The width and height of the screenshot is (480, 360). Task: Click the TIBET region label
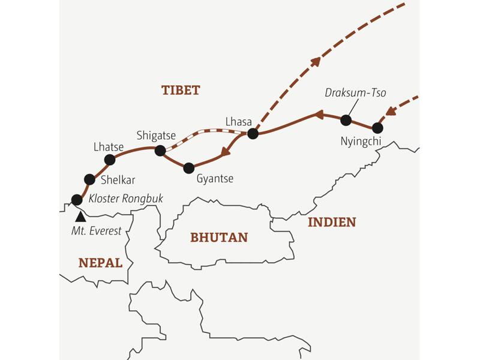(x=180, y=91)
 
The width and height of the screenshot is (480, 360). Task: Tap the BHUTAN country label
(x=219, y=237)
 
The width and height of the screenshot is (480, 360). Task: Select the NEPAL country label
(x=100, y=263)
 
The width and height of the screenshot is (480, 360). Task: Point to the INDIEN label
(x=332, y=222)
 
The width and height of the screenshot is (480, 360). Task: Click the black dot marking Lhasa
(x=253, y=133)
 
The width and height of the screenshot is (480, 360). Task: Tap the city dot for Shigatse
(x=160, y=151)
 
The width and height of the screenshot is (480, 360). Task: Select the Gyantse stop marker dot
(x=189, y=168)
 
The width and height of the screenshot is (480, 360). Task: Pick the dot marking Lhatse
(x=110, y=160)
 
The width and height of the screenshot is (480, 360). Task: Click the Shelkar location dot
(x=90, y=178)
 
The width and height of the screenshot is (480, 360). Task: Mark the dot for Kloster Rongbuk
(x=76, y=199)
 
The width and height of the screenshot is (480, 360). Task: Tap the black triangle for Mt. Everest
(x=80, y=215)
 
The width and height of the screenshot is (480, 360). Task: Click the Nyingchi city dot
(x=377, y=128)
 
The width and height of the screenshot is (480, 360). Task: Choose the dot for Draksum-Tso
(x=346, y=120)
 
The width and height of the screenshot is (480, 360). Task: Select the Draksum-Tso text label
(x=355, y=93)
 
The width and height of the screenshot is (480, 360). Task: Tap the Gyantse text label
(x=215, y=178)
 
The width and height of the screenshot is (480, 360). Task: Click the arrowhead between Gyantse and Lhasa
(x=226, y=152)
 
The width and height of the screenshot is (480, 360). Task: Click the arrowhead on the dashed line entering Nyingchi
(x=391, y=110)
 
